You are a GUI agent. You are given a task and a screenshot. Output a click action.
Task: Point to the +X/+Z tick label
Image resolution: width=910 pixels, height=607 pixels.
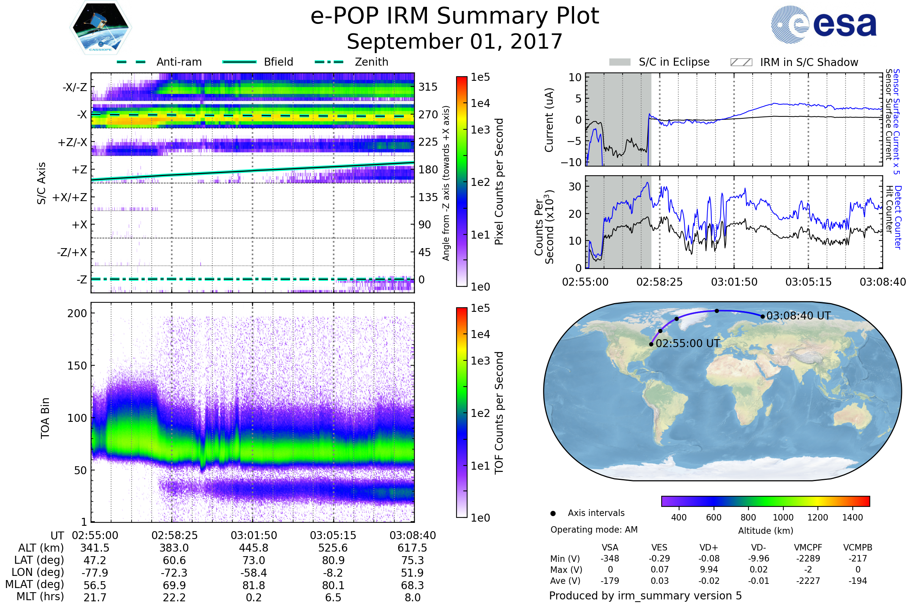pyautogui.click(x=70, y=197)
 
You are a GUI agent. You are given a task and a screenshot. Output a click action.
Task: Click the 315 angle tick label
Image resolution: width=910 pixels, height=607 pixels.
pyautogui.click(x=428, y=87)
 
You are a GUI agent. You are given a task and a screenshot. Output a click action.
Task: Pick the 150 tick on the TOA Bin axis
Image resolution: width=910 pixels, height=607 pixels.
pyautogui.click(x=77, y=366)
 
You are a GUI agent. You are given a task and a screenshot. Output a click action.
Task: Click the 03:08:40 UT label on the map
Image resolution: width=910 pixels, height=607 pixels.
pyautogui.click(x=798, y=316)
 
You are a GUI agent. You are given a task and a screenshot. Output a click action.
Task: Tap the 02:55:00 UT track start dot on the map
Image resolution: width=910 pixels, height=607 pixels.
pyautogui.click(x=651, y=344)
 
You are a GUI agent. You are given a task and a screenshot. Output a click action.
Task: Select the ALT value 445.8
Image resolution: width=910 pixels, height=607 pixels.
pyautogui.click(x=253, y=548)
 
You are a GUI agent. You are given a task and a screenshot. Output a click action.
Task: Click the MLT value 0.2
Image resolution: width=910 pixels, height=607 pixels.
pyautogui.click(x=253, y=597)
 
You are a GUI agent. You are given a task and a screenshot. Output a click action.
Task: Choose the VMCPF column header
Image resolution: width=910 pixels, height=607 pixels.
pyautogui.click(x=808, y=547)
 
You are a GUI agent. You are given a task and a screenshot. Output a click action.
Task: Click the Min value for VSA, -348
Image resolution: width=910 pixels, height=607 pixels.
pyautogui.click(x=610, y=558)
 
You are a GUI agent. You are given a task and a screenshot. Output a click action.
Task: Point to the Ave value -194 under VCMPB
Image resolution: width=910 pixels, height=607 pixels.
pyautogui.click(x=857, y=581)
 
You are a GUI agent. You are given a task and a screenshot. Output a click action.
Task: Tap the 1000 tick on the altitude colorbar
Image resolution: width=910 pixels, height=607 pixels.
pyautogui.click(x=783, y=517)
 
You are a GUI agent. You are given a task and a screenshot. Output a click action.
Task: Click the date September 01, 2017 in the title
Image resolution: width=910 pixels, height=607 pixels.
pyautogui.click(x=455, y=41)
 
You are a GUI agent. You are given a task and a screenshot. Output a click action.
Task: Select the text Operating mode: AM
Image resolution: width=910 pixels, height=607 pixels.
pyautogui.click(x=594, y=530)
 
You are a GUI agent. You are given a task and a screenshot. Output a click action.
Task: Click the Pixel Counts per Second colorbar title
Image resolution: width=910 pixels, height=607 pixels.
pyautogui.click(x=499, y=181)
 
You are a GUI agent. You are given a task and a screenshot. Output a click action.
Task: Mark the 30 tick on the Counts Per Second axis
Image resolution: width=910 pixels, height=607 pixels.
pyautogui.click(x=574, y=187)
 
